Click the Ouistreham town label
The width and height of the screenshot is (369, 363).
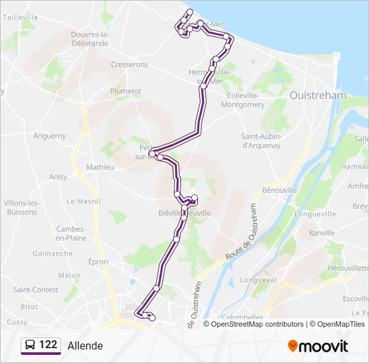point(318,95)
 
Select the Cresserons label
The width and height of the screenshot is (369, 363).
point(129,65)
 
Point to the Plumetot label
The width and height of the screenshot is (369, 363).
point(125,91)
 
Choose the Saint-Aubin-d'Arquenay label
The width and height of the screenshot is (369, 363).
point(261,140)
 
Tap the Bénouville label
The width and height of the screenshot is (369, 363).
point(280,190)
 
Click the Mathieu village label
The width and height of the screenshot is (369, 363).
point(100,167)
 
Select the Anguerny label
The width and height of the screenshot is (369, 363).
point(50,136)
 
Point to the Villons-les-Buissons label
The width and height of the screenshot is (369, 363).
point(21,207)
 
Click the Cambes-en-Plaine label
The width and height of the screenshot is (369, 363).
point(71,233)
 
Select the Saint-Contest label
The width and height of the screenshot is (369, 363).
point(36,290)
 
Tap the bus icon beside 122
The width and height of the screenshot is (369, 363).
point(30,346)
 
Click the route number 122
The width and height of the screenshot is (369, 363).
point(48,345)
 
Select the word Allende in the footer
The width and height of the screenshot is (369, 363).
point(85,346)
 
